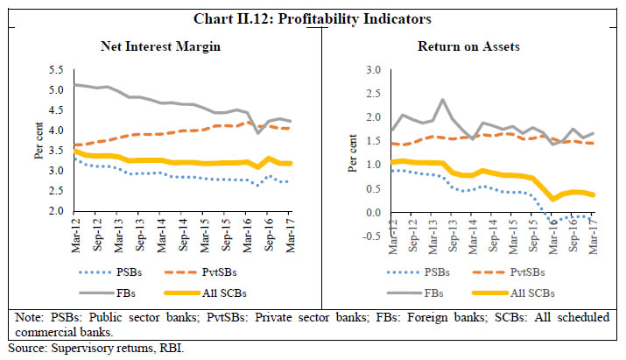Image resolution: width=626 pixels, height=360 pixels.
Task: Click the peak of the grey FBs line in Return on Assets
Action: coord(443,100)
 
